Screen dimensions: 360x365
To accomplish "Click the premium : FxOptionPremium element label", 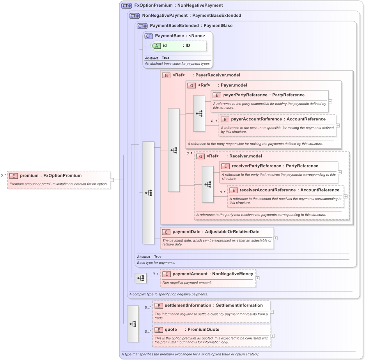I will (x=51, y=176).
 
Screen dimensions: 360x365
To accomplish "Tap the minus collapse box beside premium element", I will (x=112, y=180).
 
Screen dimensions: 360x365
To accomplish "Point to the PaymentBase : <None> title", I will (x=180, y=36).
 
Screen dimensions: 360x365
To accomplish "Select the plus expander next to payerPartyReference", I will (x=330, y=101).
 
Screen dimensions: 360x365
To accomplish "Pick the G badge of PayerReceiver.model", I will (x=167, y=75).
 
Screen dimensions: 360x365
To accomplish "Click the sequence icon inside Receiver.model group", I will (x=208, y=184).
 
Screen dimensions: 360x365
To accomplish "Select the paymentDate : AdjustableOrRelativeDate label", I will (x=216, y=232).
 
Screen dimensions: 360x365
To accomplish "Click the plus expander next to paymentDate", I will (x=276, y=238).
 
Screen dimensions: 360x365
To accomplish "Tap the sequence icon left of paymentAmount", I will (x=141, y=278).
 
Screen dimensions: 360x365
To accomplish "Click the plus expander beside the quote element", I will (x=273, y=336).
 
